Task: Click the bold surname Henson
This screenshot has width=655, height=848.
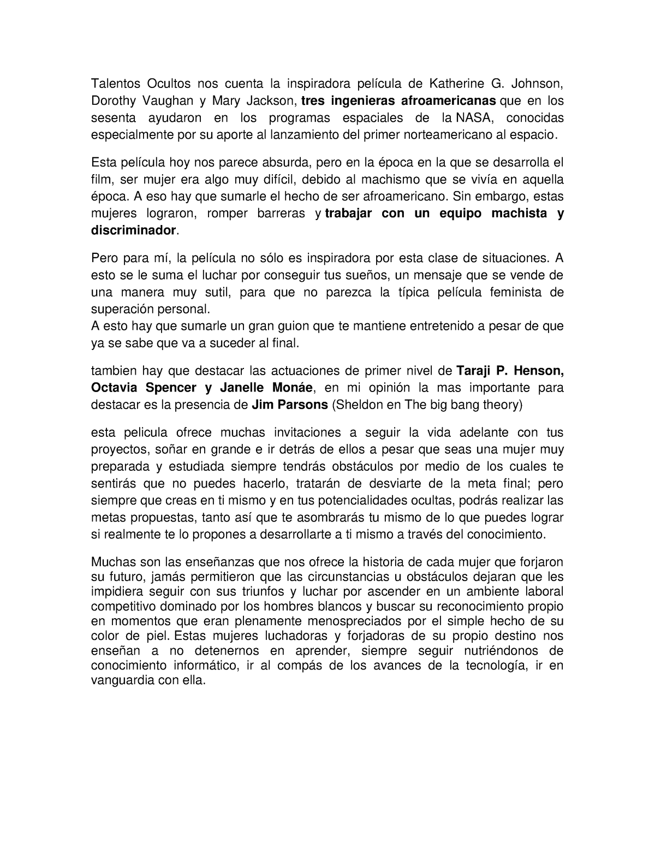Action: click(538, 371)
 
